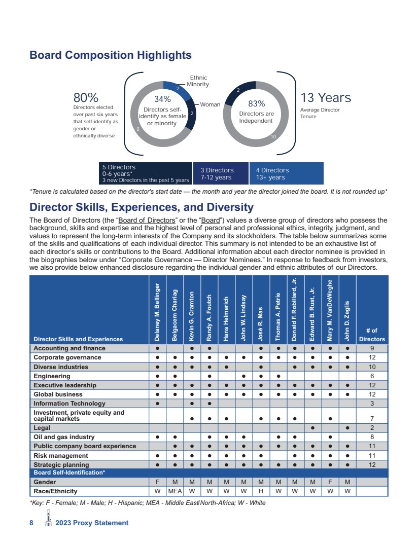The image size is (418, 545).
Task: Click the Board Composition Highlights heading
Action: point(111,55)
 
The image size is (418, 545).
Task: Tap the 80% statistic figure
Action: point(86,98)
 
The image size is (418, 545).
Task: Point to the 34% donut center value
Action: point(162,99)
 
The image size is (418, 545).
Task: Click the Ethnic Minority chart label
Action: point(198,81)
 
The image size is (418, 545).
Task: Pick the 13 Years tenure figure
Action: point(326,97)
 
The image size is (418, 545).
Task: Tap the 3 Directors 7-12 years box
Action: point(221,174)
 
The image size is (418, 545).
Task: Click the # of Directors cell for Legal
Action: point(372,428)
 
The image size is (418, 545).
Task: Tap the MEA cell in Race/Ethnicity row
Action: point(175,491)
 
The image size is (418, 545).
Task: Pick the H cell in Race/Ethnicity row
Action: point(261,491)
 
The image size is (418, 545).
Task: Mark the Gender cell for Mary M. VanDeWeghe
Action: point(330,482)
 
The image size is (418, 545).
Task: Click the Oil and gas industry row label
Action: point(64,437)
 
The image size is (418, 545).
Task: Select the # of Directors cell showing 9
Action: point(372,348)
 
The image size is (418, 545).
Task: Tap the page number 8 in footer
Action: point(31,523)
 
